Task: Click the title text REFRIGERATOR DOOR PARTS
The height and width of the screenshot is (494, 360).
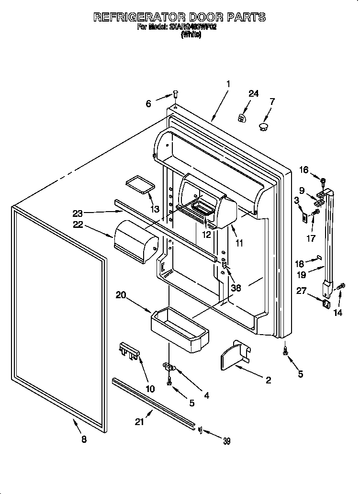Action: (179, 17)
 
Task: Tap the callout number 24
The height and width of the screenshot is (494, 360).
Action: (253, 94)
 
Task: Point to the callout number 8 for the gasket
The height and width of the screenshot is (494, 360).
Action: (84, 440)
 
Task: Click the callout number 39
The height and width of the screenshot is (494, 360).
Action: (226, 441)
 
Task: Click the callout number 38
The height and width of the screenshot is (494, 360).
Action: (236, 288)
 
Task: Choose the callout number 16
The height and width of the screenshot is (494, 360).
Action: (304, 169)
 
